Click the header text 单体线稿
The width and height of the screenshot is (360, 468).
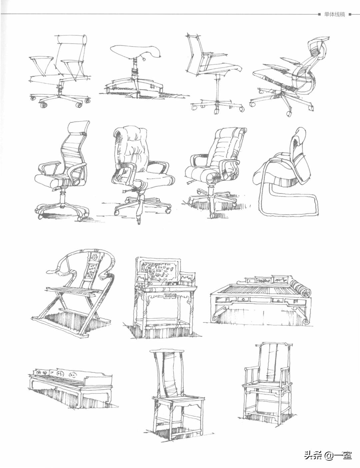[x=334, y=14]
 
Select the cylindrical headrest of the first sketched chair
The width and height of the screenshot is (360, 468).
[x=72, y=40]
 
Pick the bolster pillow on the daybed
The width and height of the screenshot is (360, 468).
[x=300, y=288]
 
